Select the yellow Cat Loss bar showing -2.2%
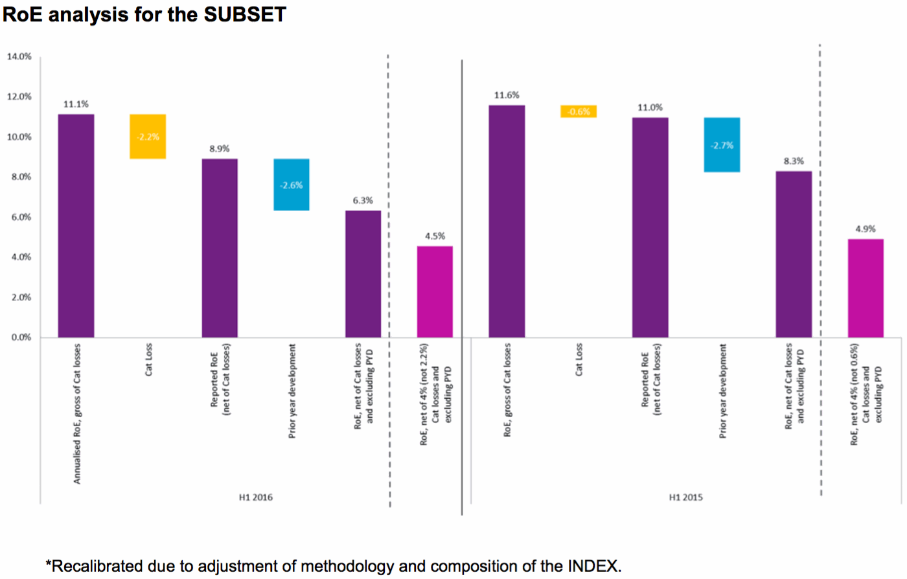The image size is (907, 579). pyautogui.click(x=148, y=137)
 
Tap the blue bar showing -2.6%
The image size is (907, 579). pyautogui.click(x=292, y=185)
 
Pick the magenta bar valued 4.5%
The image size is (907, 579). pyautogui.click(x=435, y=291)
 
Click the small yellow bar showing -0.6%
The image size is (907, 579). pyautogui.click(x=579, y=111)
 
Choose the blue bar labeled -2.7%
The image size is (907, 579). pyautogui.click(x=722, y=145)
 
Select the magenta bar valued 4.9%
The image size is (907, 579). pyautogui.click(x=866, y=288)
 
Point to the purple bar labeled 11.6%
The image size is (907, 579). pyautogui.click(x=507, y=221)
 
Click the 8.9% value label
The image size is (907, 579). pyautogui.click(x=219, y=149)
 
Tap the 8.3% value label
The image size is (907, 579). pyautogui.click(x=794, y=161)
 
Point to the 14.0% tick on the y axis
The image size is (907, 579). pyautogui.click(x=19, y=57)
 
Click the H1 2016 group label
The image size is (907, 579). pyautogui.click(x=256, y=497)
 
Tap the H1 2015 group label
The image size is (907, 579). pyautogui.click(x=685, y=497)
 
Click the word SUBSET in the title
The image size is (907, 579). pyautogui.click(x=245, y=14)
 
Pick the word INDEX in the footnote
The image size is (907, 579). pyautogui.click(x=591, y=566)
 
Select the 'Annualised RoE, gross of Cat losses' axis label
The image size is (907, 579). pyautogui.click(x=77, y=413)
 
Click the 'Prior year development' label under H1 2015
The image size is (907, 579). pyautogui.click(x=723, y=391)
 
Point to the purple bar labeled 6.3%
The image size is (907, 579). pyautogui.click(x=363, y=274)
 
